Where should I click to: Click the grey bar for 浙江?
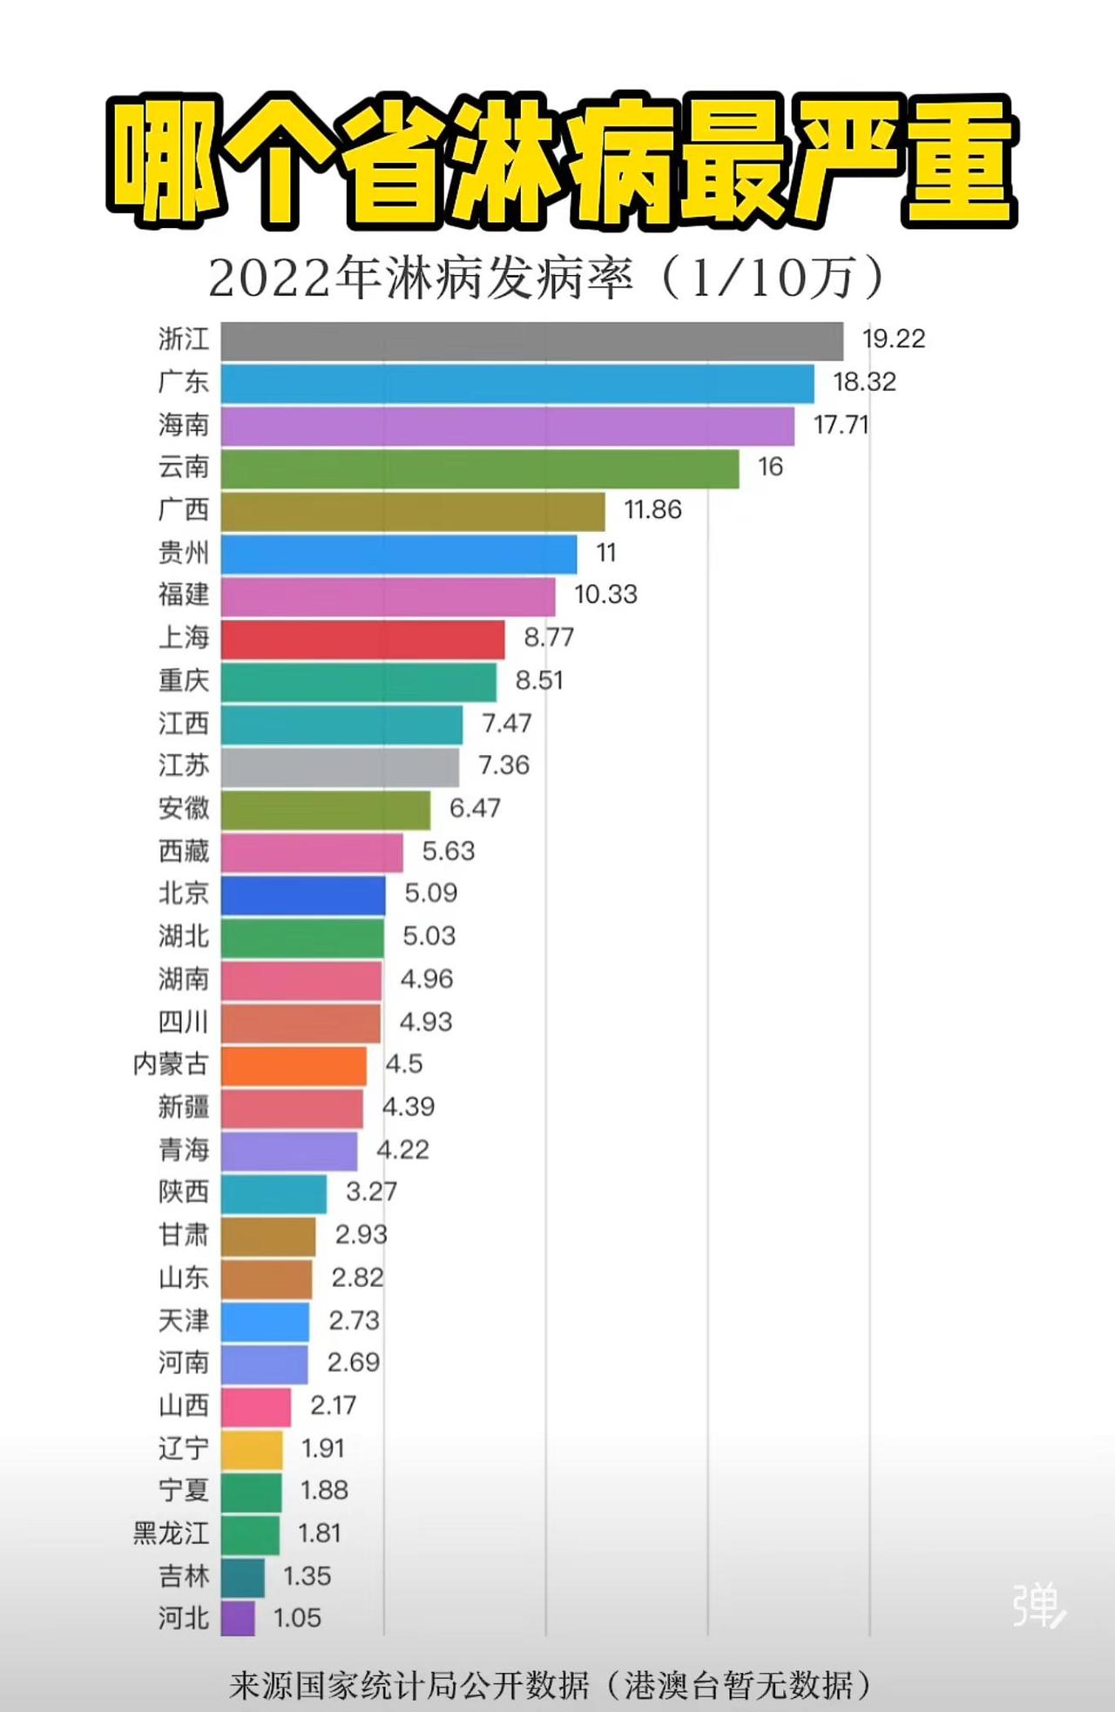531,340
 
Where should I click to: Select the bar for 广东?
517,384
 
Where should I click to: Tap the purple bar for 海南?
507,427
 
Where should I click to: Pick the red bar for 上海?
362,640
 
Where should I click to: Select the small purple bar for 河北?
238,1618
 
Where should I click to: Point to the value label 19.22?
894,339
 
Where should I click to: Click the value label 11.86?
652,509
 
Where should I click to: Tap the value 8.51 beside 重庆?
539,680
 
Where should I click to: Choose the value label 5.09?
430,893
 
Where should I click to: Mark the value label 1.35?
307,1576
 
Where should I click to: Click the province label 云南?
184,468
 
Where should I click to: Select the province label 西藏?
184,851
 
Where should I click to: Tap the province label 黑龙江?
171,1533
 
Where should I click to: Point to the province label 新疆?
184,1107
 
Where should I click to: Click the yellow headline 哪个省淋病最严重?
561,161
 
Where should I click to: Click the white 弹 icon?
1038,1604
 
